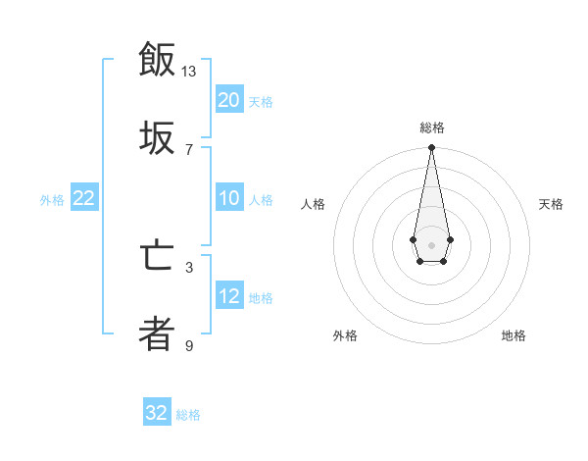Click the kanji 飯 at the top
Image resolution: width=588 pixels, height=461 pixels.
tap(157, 59)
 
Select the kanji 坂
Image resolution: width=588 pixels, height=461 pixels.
tap(157, 138)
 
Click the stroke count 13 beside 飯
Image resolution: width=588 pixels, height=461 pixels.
tap(189, 72)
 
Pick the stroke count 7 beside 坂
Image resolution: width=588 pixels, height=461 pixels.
tap(189, 149)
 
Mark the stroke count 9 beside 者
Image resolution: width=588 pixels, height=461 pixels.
tap(189, 345)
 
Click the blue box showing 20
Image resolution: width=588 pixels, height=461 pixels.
tap(228, 100)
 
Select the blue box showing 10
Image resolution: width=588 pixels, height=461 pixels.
tap(228, 199)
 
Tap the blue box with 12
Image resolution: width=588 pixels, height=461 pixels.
tap(228, 296)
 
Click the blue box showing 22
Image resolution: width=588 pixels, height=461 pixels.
tap(84, 199)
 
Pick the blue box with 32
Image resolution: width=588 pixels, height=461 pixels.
tap(157, 413)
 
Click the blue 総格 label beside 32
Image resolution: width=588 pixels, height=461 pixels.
tap(188, 415)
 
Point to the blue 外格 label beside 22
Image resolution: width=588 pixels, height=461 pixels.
tap(52, 200)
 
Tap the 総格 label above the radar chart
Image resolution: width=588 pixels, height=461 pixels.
tap(432, 128)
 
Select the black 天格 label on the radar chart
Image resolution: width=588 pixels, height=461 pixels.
tap(552, 204)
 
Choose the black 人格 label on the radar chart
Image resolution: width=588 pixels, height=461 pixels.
tap(313, 204)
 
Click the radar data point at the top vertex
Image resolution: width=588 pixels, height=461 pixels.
tap(431, 148)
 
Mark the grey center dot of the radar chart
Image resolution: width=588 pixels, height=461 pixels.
tap(431, 243)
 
